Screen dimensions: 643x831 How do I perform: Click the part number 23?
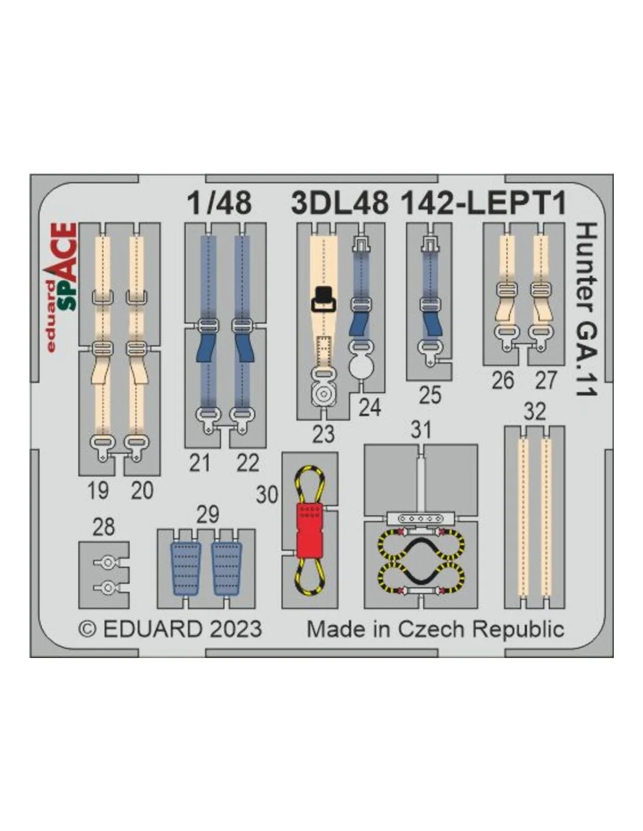tap(323, 434)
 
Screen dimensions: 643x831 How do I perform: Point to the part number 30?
tap(267, 494)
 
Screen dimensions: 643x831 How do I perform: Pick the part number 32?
tap(534, 412)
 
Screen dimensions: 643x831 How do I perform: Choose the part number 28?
tap(103, 527)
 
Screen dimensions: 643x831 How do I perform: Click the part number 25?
tap(430, 395)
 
